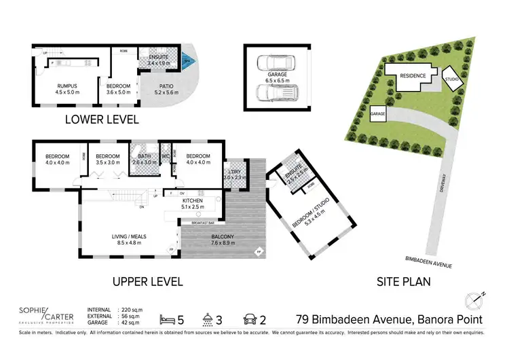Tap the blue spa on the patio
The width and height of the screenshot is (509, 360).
188,61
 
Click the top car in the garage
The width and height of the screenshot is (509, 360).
276,63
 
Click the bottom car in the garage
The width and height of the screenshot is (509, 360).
276,92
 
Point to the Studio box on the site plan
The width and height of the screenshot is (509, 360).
453,78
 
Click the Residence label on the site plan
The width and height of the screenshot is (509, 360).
412,75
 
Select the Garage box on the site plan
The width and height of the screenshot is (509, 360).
378,115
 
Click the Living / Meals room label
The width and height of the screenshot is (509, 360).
130,240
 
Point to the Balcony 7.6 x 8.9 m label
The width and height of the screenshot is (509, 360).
204,240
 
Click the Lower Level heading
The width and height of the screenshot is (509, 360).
102,120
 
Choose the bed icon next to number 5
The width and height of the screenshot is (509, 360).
167,318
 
